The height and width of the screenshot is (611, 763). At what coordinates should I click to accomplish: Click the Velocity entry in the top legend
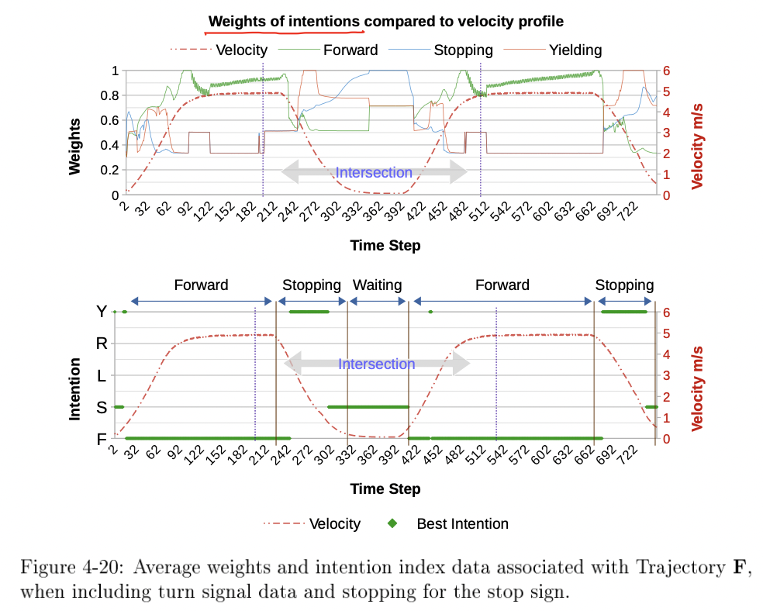pos(241,50)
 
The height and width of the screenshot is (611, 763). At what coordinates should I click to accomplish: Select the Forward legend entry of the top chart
pos(350,50)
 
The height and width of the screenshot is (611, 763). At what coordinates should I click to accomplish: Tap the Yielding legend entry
pos(575,50)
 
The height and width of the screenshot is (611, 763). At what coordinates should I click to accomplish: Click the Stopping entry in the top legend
pos(463,50)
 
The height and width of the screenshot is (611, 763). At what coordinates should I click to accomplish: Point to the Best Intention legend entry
pos(462,523)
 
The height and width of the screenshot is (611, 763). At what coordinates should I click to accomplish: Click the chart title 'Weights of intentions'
pos(284,21)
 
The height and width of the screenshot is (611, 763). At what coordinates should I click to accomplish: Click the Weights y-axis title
pos(75,145)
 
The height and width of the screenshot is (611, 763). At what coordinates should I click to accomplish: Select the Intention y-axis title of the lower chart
pos(75,388)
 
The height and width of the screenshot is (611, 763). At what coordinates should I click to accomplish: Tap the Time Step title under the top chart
pos(385,246)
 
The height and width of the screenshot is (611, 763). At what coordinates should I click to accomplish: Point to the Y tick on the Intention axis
pos(102,312)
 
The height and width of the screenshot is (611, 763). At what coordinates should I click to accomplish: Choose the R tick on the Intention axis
pos(102,343)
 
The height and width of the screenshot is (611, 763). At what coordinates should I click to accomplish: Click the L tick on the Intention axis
pos(102,375)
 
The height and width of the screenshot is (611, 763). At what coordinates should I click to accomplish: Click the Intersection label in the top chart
pos(374,173)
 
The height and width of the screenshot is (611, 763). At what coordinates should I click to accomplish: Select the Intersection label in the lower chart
pos(377,364)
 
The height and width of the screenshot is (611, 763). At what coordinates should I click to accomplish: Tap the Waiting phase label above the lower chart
pos(378,285)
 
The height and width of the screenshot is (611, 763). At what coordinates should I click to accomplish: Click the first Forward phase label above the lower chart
pos(202,285)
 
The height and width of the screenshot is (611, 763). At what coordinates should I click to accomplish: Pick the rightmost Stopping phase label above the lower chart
pos(624,285)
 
